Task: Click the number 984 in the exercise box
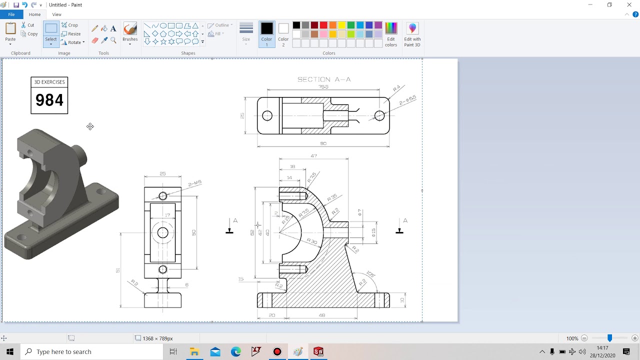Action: pos(49,100)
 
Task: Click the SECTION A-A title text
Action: pos(324,79)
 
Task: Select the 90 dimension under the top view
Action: pos(323,143)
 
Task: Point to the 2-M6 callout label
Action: pos(194,183)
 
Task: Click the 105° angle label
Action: pos(370,274)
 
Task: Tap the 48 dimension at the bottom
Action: pos(321,315)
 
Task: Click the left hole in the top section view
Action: pos(267,116)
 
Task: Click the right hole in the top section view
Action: pos(379,116)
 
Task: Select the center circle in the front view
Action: pos(162,232)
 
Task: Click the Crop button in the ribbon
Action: pos(70,25)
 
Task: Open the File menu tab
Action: pos(11,14)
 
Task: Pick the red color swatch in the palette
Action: pos(323,25)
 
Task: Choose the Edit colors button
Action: pos(391,34)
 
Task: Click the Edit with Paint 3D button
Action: pos(412,34)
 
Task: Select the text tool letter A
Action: pos(113,29)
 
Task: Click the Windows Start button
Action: pos(9,351)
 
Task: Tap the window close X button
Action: pos(629,5)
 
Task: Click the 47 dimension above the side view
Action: pos(313,156)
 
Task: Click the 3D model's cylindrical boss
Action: pos(80,155)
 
